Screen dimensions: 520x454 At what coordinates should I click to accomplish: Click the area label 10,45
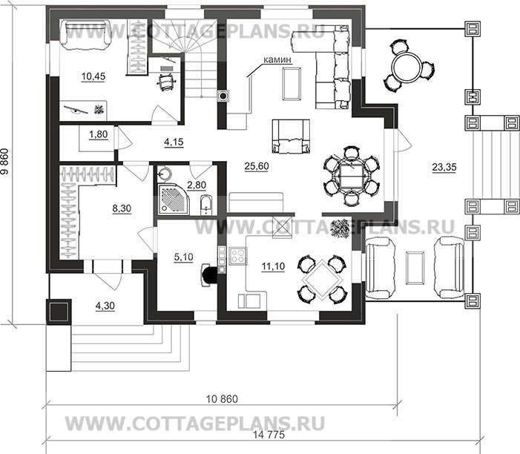tap(93, 76)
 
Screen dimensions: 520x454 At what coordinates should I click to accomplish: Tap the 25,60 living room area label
tap(257, 166)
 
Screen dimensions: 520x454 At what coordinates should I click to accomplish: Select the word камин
tap(277, 59)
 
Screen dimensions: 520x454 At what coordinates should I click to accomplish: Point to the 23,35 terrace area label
tap(444, 167)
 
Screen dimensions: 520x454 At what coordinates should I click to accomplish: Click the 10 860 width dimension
tap(222, 398)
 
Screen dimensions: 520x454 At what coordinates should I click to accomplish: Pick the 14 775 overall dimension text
tap(269, 435)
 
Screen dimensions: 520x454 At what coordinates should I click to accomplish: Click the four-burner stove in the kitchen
tap(238, 256)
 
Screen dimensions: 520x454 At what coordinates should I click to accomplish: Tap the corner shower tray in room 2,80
tap(173, 198)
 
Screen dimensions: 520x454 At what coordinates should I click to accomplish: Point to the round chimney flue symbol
tap(223, 96)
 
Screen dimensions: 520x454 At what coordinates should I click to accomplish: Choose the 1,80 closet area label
tap(98, 134)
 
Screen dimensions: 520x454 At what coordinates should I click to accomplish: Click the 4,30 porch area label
tap(105, 306)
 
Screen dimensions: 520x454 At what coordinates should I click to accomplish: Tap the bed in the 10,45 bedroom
tap(86, 34)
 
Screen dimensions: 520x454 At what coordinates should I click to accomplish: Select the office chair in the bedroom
tap(166, 82)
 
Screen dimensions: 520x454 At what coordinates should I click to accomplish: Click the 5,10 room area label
tap(183, 257)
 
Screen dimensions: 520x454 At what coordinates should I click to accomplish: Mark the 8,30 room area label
tap(122, 208)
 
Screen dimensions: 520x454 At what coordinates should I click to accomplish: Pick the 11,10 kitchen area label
tap(273, 266)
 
